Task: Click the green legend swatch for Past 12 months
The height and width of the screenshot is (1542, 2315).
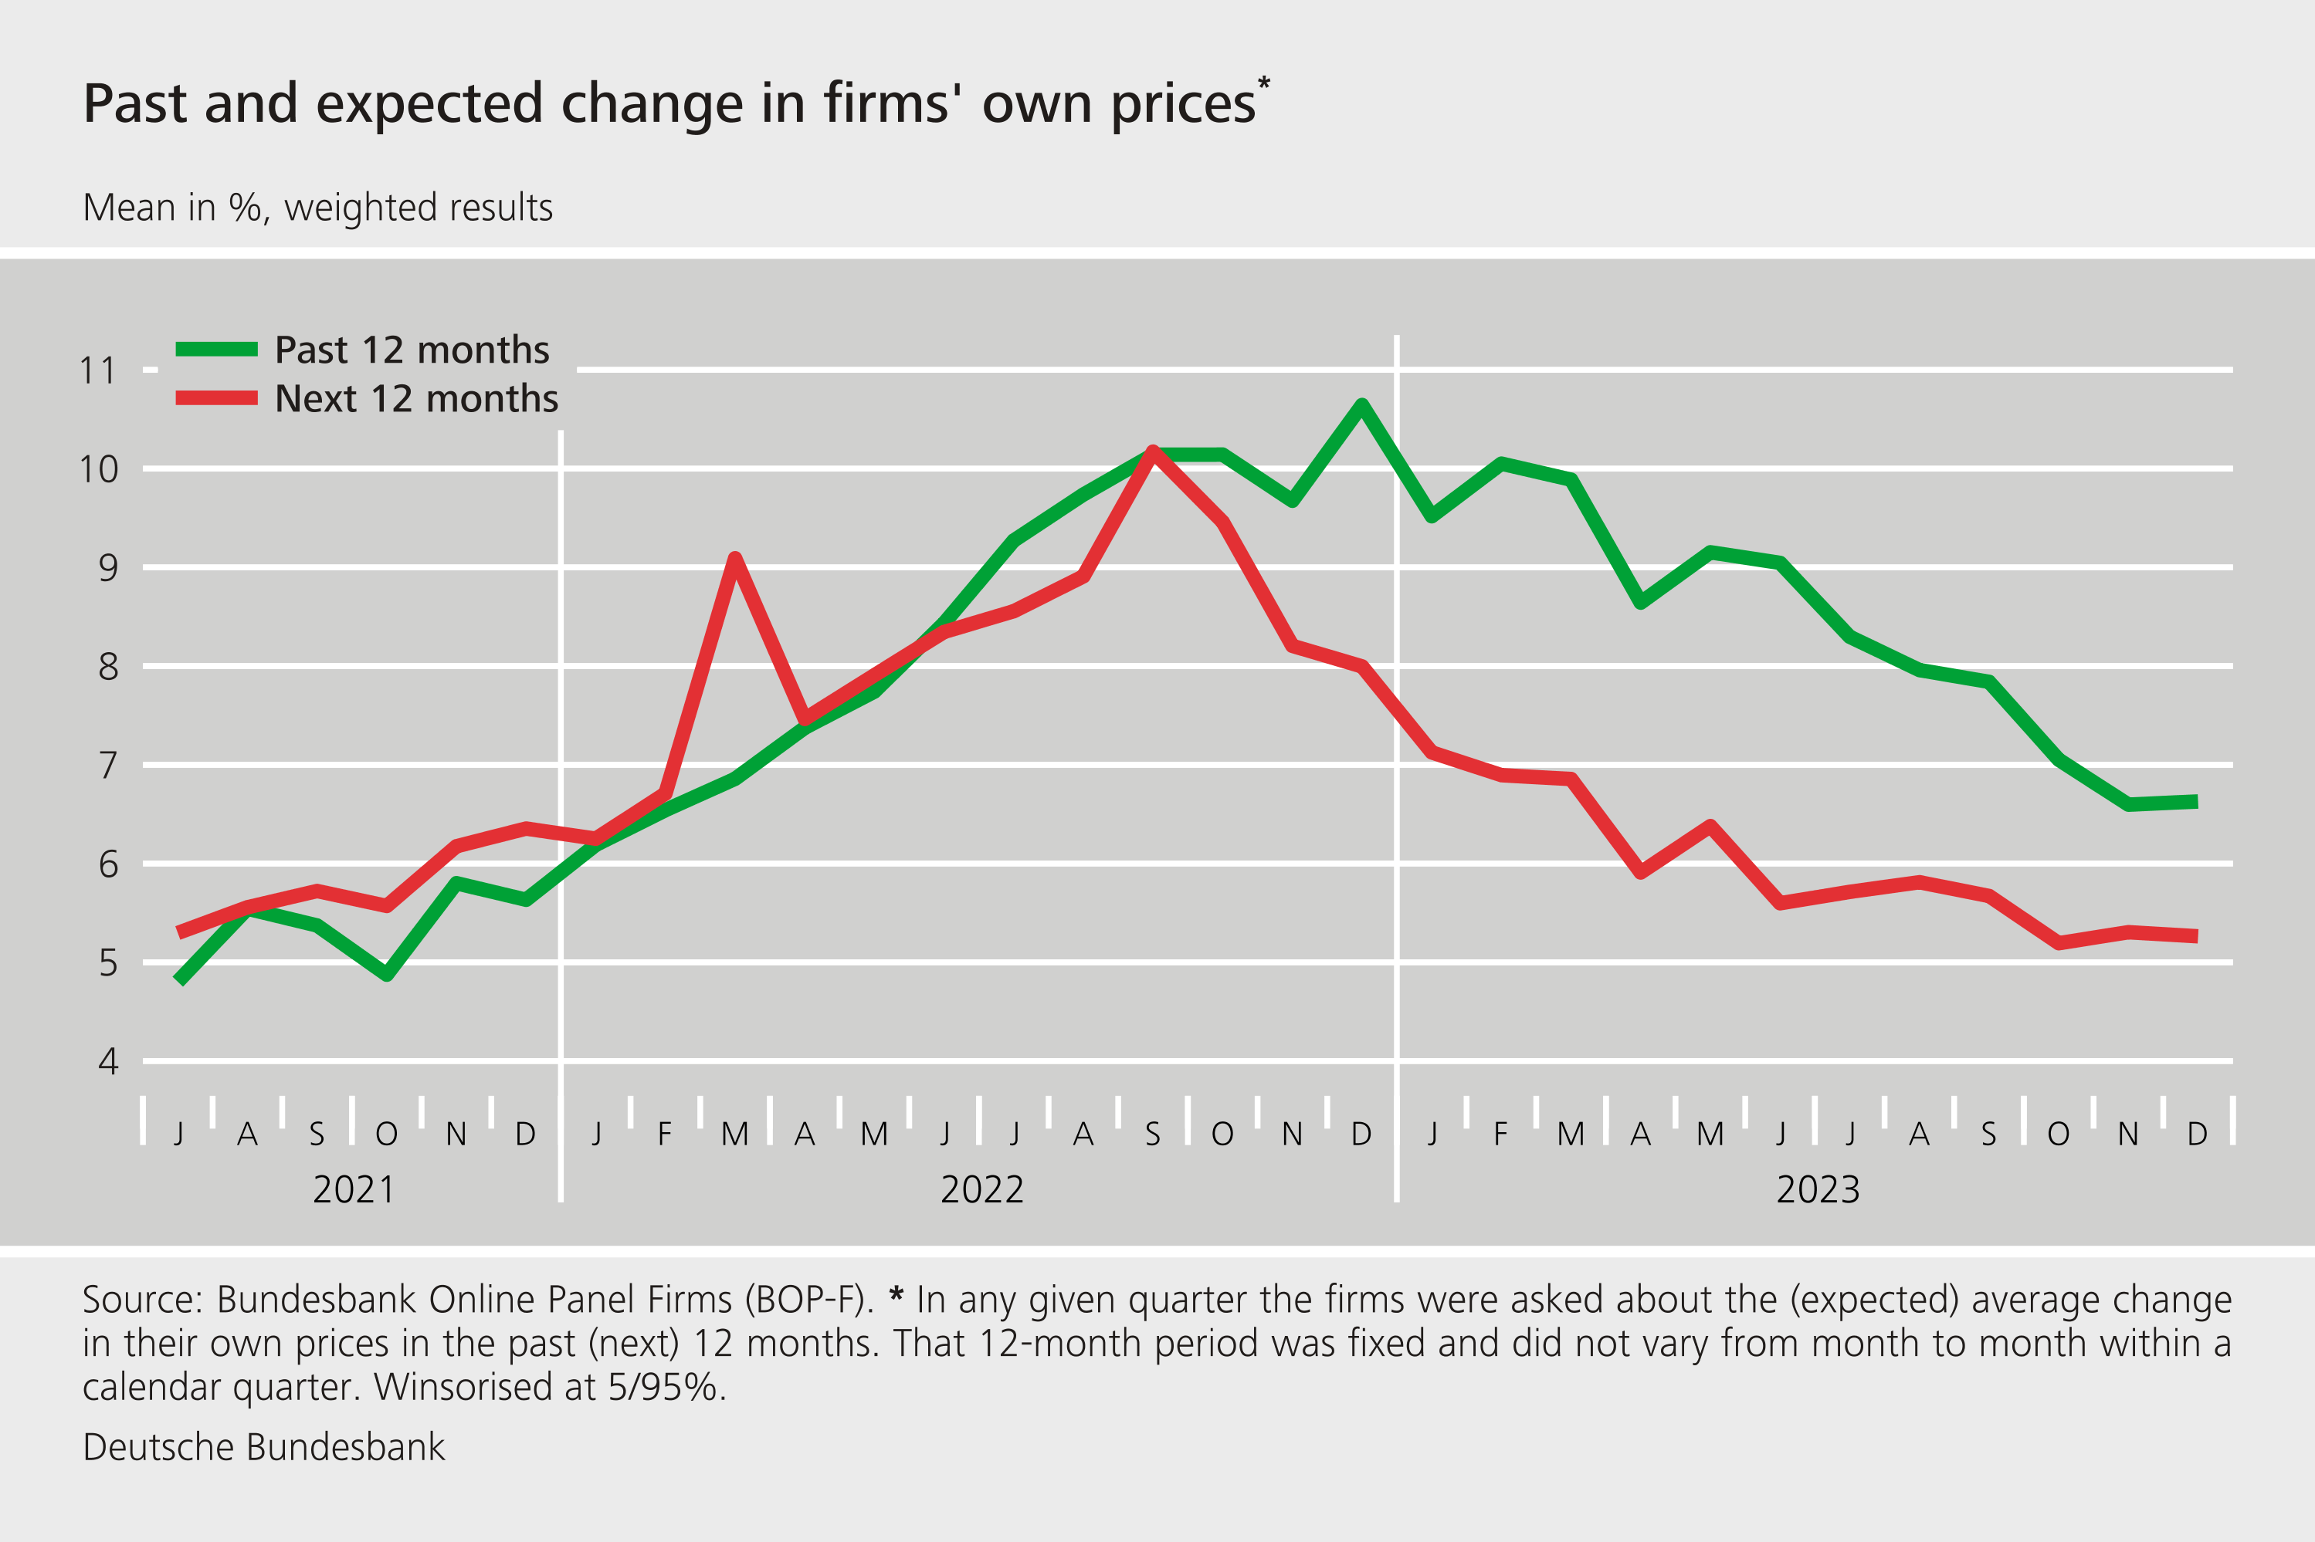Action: pos(216,349)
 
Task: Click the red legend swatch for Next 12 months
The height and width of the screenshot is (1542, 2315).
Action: pos(216,398)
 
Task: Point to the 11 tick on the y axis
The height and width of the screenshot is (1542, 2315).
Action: pos(97,370)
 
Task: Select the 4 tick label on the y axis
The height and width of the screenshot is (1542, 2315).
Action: pos(107,1062)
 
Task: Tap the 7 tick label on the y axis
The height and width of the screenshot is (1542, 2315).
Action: pos(107,765)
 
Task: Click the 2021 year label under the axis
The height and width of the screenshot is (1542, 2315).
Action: pos(353,1190)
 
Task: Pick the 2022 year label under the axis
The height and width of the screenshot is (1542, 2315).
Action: pos(982,1190)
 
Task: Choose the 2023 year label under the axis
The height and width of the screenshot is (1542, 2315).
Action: pos(1817,1190)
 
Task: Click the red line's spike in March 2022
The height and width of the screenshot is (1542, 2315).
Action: pos(735,559)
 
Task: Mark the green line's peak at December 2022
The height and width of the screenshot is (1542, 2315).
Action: pos(1361,404)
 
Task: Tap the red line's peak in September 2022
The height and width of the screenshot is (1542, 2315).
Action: pos(1152,451)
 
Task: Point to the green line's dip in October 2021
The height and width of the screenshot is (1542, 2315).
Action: pos(387,976)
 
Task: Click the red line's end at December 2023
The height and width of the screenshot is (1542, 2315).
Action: pos(2196,936)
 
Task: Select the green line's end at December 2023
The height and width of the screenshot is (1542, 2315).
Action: pos(2196,803)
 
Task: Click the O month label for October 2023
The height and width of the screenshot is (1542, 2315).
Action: pos(2057,1135)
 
